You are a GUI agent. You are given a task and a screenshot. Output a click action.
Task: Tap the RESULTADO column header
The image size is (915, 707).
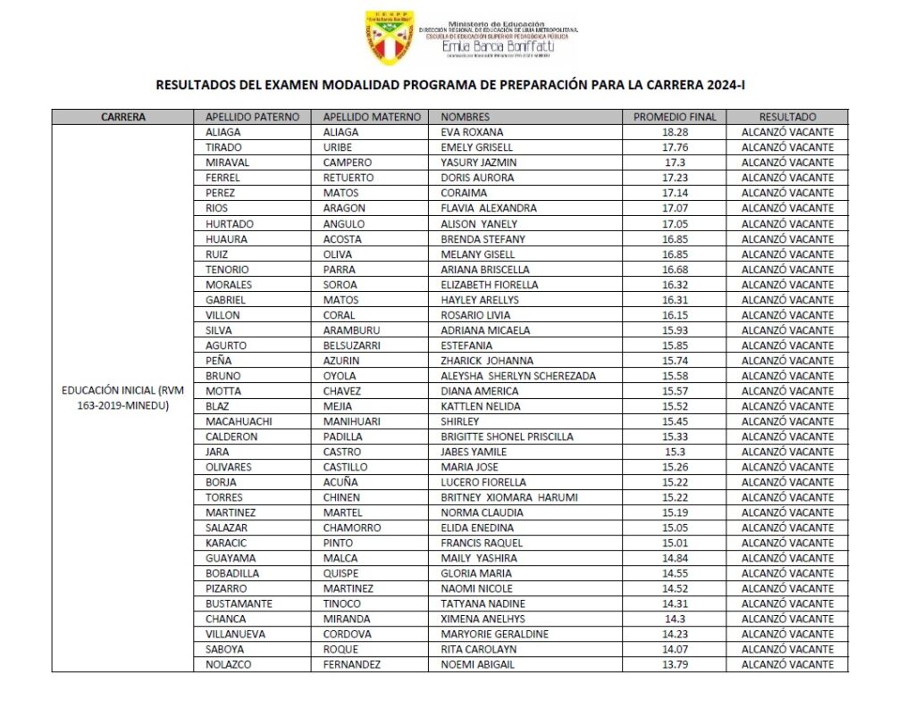pos(787,117)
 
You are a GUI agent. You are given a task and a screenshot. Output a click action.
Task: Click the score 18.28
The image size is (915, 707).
pos(674,132)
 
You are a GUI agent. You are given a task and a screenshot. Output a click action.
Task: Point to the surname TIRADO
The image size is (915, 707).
pos(222,147)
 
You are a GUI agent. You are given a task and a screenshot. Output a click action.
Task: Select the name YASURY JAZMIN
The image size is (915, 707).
pos(478,162)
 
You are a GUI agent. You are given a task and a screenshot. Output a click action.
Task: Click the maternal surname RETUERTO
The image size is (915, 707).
pos(348,178)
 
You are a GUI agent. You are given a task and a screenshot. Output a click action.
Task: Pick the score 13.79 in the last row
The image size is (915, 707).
pos(674,664)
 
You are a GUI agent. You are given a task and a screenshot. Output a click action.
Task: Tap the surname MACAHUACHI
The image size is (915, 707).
pos(240,421)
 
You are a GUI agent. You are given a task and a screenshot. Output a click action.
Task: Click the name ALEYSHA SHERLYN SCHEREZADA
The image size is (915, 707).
pos(518,376)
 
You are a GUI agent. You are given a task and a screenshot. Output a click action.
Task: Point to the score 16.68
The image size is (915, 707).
pos(674,269)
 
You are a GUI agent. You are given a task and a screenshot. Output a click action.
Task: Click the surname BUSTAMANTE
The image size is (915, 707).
pos(239,603)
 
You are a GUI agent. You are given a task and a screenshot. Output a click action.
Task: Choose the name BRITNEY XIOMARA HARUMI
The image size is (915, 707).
pos(509,497)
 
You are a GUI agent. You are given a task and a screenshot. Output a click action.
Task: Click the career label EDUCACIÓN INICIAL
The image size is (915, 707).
pos(122,391)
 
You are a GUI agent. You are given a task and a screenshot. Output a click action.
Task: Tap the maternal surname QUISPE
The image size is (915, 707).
pos(340,573)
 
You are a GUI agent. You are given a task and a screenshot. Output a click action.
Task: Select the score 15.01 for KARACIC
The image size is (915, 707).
pos(674,543)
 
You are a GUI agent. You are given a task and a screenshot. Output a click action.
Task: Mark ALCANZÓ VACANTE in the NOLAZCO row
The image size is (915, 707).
pos(787,664)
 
